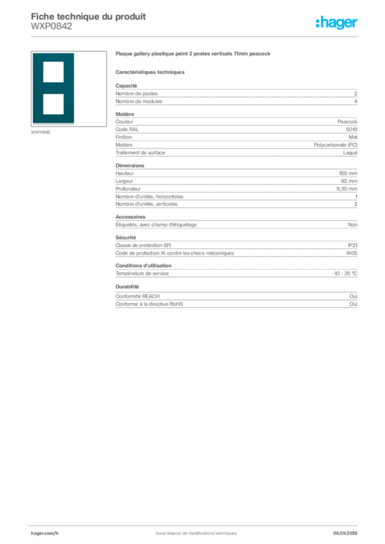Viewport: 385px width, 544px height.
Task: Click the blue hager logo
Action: (x=338, y=23)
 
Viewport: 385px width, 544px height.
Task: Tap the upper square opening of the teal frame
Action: (x=54, y=72)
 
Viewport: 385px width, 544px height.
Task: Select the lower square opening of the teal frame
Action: (x=54, y=104)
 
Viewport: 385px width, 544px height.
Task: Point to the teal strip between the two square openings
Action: (x=54, y=88)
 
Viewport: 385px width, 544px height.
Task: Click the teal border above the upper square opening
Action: (x=54, y=57)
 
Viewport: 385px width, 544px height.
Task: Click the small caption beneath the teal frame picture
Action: (x=40, y=132)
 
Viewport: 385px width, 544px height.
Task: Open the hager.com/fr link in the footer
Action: (x=45, y=533)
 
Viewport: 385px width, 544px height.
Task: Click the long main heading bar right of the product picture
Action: (x=194, y=55)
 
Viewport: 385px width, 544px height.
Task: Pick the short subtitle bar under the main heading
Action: (x=151, y=72)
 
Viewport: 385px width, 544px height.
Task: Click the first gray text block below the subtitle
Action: (x=236, y=95)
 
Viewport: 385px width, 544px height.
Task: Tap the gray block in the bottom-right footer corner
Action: (x=349, y=530)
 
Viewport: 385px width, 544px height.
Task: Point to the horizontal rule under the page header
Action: (x=213, y=36)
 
